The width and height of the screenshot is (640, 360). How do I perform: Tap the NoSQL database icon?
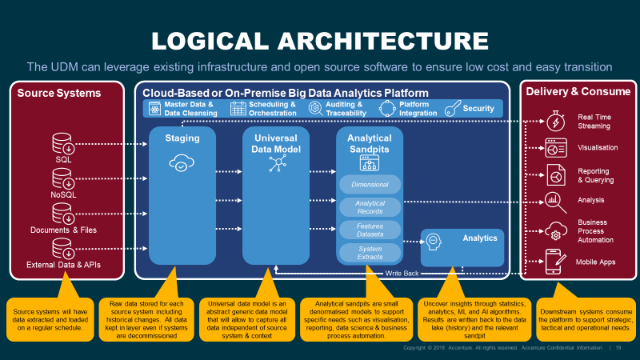63,180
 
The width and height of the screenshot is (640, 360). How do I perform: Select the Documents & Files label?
63,230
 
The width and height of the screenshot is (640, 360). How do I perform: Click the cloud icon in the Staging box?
182,164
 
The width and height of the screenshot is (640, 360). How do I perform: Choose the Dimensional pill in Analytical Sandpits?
370,185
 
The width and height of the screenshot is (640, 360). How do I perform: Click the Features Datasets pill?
370,230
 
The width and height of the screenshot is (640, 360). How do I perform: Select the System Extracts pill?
370,253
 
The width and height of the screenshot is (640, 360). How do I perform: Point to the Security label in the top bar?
478,108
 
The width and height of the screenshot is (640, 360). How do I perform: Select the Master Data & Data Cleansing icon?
154,108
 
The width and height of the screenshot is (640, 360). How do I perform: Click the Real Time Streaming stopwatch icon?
554,122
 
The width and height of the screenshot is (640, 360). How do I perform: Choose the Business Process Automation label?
596,231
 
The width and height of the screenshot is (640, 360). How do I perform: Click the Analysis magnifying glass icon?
554,201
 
